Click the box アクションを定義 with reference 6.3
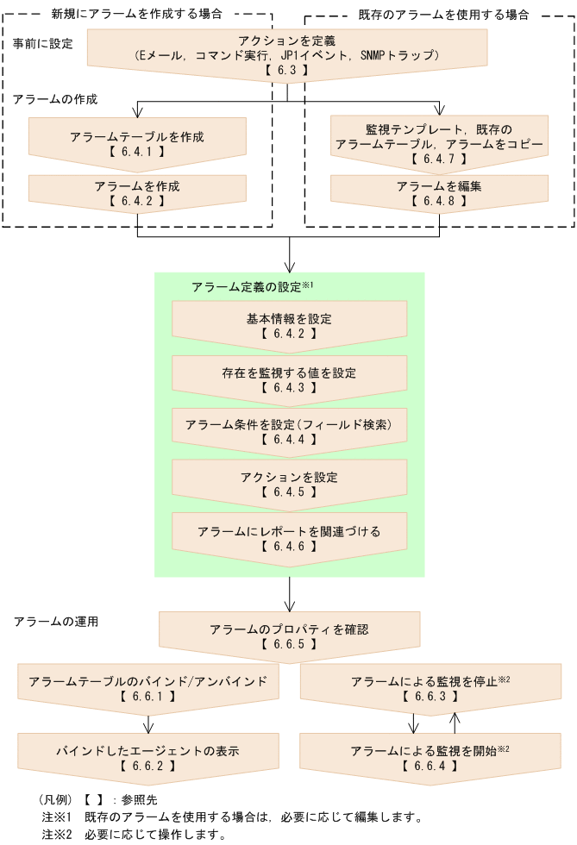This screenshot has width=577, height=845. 287,55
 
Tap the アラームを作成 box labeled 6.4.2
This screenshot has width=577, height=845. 137,193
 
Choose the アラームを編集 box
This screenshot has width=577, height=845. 440,193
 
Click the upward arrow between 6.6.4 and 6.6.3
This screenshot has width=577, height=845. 455,723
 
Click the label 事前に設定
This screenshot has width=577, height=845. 42,44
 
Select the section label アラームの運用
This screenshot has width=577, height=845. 56,622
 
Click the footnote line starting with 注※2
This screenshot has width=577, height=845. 134,835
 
